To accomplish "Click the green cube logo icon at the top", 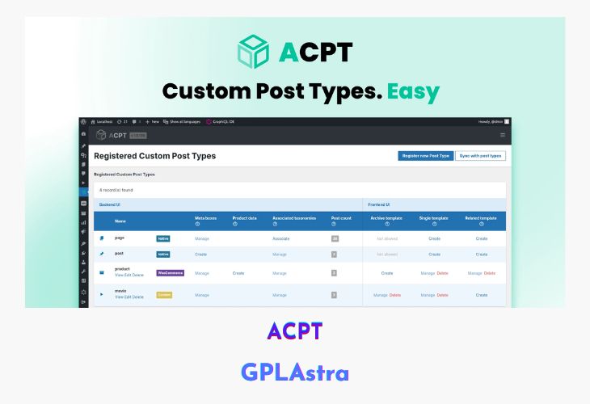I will (x=254, y=51).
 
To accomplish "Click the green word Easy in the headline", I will (x=412, y=90).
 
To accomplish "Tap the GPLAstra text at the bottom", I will (x=295, y=372).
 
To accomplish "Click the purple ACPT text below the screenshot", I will (x=295, y=331).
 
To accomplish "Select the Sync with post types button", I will (x=480, y=155).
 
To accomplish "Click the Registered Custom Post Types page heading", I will (x=154, y=155).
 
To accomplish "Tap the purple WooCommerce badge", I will (x=170, y=273).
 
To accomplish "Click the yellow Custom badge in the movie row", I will (x=164, y=295).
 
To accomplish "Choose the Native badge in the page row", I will (x=163, y=238).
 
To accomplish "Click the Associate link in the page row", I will (x=280, y=238).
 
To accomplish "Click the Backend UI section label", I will (x=109, y=204).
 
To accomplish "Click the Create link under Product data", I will (x=238, y=273).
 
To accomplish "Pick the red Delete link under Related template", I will (x=490, y=273).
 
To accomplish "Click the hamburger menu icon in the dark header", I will (x=502, y=135).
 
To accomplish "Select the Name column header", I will (x=120, y=221).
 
